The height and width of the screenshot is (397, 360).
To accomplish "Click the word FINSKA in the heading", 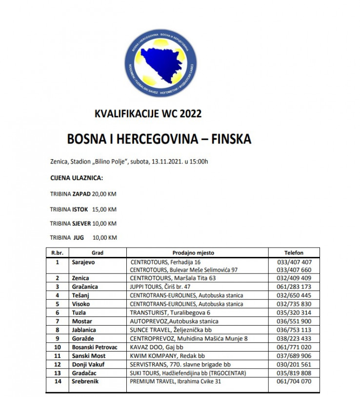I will point(229,139).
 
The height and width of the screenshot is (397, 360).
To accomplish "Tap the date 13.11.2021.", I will point(167,162).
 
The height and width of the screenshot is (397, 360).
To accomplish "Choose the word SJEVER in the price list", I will point(81,223).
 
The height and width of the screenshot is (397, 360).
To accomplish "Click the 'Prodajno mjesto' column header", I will point(193,253).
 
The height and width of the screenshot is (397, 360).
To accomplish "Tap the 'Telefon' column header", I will point(294,253).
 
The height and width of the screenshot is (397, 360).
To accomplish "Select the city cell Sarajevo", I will point(82,262).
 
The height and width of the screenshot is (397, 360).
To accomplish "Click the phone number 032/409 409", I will point(294,278).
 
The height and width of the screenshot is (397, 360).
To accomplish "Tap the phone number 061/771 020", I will point(294,347).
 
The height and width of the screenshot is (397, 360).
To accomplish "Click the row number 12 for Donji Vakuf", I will point(58,364).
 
